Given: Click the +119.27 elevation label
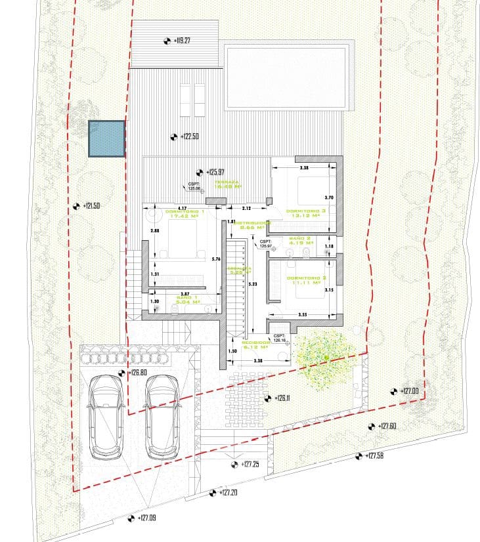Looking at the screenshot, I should [182, 41].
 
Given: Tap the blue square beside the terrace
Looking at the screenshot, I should [107, 138].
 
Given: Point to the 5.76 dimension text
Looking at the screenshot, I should [215, 259].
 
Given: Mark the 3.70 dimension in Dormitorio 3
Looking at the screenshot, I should [330, 197].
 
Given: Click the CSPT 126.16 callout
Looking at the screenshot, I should [280, 338].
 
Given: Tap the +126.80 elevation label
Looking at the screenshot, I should [137, 373].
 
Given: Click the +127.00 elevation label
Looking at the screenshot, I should [410, 391].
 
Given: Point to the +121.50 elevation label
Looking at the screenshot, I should [91, 206].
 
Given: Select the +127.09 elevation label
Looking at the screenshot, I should [148, 518].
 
